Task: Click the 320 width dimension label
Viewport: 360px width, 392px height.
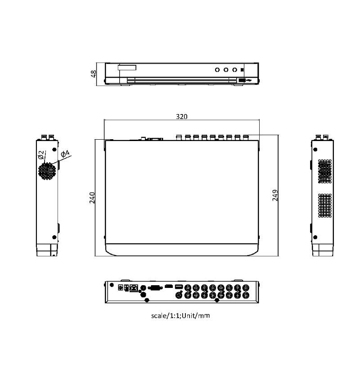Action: coord(181,117)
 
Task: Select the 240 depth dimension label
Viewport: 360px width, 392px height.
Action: coord(92,197)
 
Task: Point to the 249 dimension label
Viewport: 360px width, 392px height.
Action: coord(275,195)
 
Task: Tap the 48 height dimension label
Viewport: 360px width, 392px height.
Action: coord(93,74)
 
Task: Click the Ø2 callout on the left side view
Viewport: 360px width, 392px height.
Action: coord(41,155)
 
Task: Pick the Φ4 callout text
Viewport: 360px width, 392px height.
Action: coord(65,154)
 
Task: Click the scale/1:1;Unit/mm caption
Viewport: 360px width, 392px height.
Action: coord(180,315)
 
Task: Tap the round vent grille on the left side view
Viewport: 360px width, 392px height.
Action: coord(47,171)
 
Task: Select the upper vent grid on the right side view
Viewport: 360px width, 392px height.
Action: coord(325,171)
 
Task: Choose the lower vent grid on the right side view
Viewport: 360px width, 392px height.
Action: coord(325,205)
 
